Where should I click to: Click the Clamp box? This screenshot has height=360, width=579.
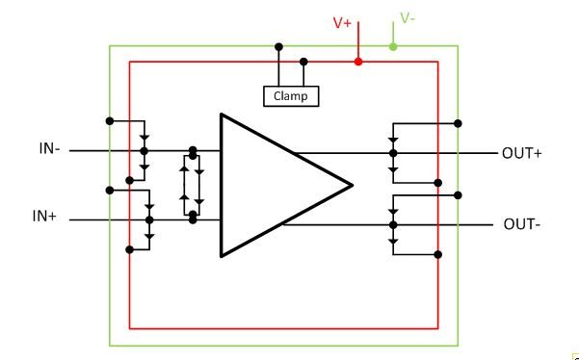coord(290,95)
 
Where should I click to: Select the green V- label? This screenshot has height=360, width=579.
coord(408,18)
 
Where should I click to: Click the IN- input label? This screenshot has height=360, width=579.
coord(49,149)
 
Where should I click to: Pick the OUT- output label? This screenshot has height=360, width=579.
coord(521,224)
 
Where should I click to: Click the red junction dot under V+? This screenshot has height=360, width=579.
coord(358,62)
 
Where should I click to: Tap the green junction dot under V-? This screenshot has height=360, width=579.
coord(392,45)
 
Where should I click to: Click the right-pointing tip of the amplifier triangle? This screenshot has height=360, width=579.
coord(352,185)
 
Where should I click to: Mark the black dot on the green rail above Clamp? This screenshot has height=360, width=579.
coord(278,45)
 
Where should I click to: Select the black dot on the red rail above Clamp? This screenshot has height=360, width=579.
coord(303,62)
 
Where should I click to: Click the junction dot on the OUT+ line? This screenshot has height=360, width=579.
coord(392,153)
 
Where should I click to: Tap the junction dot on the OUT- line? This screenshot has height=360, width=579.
coord(392,224)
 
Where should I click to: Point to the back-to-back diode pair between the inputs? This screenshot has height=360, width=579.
coord(193,184)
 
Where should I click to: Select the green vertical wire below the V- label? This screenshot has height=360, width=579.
coord(392,34)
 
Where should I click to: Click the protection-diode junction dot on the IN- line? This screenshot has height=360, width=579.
coord(144,151)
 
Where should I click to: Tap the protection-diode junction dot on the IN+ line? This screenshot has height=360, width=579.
coord(148,219)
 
